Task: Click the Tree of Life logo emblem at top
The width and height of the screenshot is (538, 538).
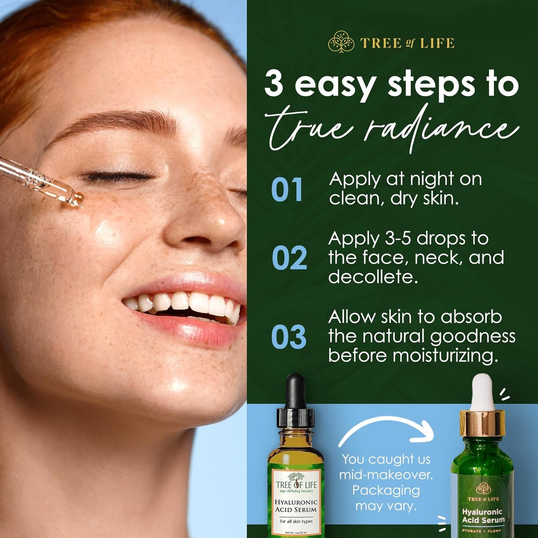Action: click(341, 42)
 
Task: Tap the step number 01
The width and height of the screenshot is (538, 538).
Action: click(286, 190)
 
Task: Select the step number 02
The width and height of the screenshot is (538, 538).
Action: click(289, 258)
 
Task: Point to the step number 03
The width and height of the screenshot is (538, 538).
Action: click(289, 337)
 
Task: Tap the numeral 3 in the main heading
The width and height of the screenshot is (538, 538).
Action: click(274, 84)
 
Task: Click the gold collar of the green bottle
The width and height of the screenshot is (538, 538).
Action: click(483, 420)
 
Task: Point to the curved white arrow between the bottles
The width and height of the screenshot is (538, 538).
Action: click(387, 428)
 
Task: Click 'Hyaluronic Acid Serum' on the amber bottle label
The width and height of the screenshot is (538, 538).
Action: click(296, 506)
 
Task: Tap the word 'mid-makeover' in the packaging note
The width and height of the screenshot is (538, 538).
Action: click(386, 475)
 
